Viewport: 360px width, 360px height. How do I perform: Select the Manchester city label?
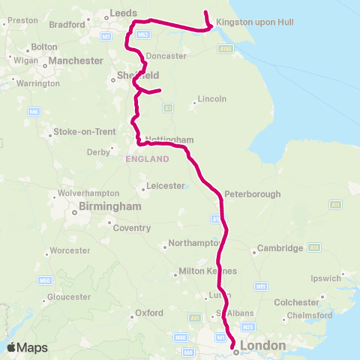76,60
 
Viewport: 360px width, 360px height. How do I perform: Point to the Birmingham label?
110,206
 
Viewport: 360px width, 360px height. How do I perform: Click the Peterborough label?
252,193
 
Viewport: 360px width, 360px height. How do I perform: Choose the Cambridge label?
280,248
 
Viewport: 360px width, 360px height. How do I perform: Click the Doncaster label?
166,56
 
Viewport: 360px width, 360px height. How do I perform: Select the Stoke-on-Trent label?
79,133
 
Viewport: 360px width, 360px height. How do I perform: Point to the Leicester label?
165,185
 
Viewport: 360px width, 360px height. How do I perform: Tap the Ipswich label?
325,277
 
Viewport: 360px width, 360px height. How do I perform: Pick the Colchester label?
296,302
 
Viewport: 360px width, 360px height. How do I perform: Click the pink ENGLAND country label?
148,159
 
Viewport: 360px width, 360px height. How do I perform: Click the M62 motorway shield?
144,34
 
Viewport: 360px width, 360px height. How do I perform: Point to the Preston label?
22,20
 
